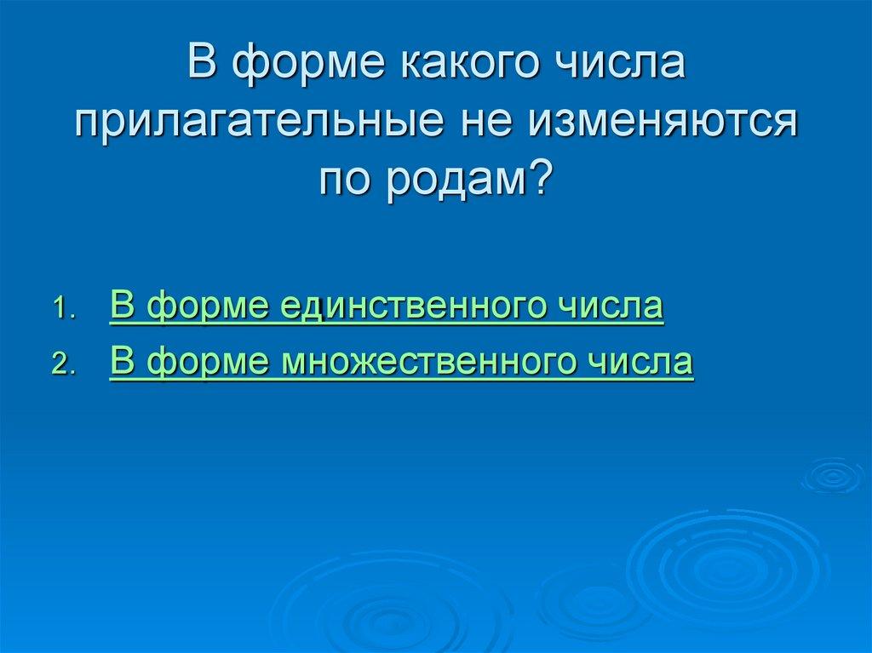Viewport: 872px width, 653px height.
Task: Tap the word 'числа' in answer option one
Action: pos(611,306)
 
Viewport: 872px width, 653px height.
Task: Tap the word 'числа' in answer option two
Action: pos(641,362)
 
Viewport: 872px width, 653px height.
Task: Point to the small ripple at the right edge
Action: pos(833,476)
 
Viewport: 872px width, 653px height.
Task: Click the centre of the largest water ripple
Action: pos(726,566)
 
